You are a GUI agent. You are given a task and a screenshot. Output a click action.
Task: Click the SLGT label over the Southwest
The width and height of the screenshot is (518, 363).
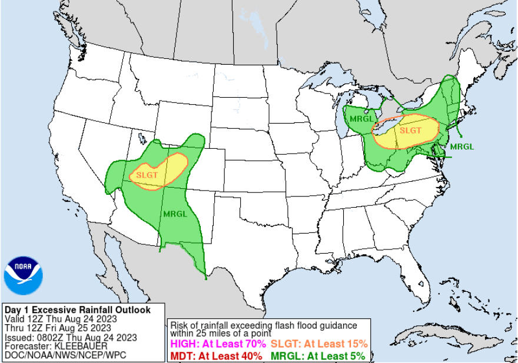[x=147, y=175]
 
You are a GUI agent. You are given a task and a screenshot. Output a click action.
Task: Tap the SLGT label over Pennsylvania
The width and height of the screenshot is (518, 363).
[x=411, y=130]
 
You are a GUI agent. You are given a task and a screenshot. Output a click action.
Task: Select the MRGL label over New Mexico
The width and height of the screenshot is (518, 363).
[x=175, y=214]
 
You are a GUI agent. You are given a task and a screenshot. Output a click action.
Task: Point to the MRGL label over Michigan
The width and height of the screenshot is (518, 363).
[x=361, y=118]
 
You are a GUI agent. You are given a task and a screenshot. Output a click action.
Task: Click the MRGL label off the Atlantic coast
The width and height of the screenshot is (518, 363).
[x=461, y=146]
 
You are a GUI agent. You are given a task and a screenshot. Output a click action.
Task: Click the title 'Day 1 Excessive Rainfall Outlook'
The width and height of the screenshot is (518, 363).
[x=77, y=309]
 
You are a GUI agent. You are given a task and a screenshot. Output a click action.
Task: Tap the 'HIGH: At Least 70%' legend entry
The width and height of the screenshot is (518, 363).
[x=218, y=344]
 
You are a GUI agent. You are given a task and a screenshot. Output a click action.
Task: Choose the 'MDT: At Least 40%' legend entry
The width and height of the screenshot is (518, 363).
[x=216, y=356]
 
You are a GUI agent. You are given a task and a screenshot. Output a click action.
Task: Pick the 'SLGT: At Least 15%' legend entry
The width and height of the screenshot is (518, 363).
[x=319, y=344]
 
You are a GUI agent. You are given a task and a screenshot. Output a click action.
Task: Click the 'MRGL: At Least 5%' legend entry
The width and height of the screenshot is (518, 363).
[x=318, y=356]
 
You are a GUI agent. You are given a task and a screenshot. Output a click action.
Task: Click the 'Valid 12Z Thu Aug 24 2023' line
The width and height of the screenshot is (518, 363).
[x=61, y=318]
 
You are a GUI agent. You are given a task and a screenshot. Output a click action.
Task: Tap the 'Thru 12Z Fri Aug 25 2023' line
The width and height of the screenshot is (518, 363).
[x=58, y=328]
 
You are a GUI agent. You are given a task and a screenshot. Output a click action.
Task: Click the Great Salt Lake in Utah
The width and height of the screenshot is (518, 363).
[x=141, y=139]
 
